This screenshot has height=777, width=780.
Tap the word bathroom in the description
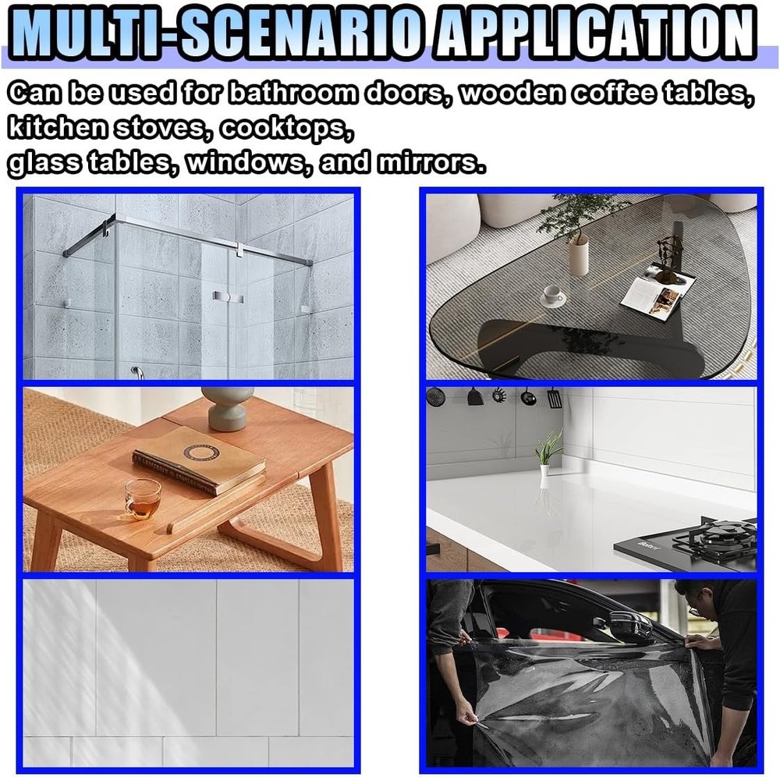286,94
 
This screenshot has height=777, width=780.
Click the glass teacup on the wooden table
143,498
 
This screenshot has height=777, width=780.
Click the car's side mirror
629,624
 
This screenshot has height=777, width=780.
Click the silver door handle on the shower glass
222,297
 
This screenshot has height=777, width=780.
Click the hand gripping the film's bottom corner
466,711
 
